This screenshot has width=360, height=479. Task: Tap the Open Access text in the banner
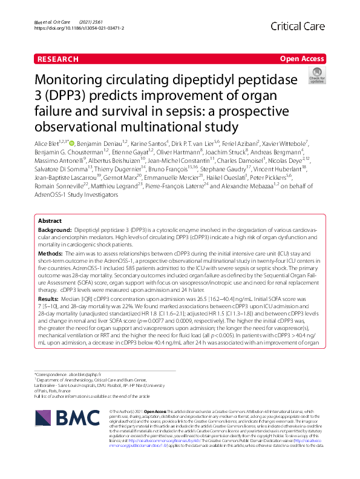[x=302, y=59]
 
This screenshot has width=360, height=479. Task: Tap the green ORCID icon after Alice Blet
[x=71, y=144]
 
